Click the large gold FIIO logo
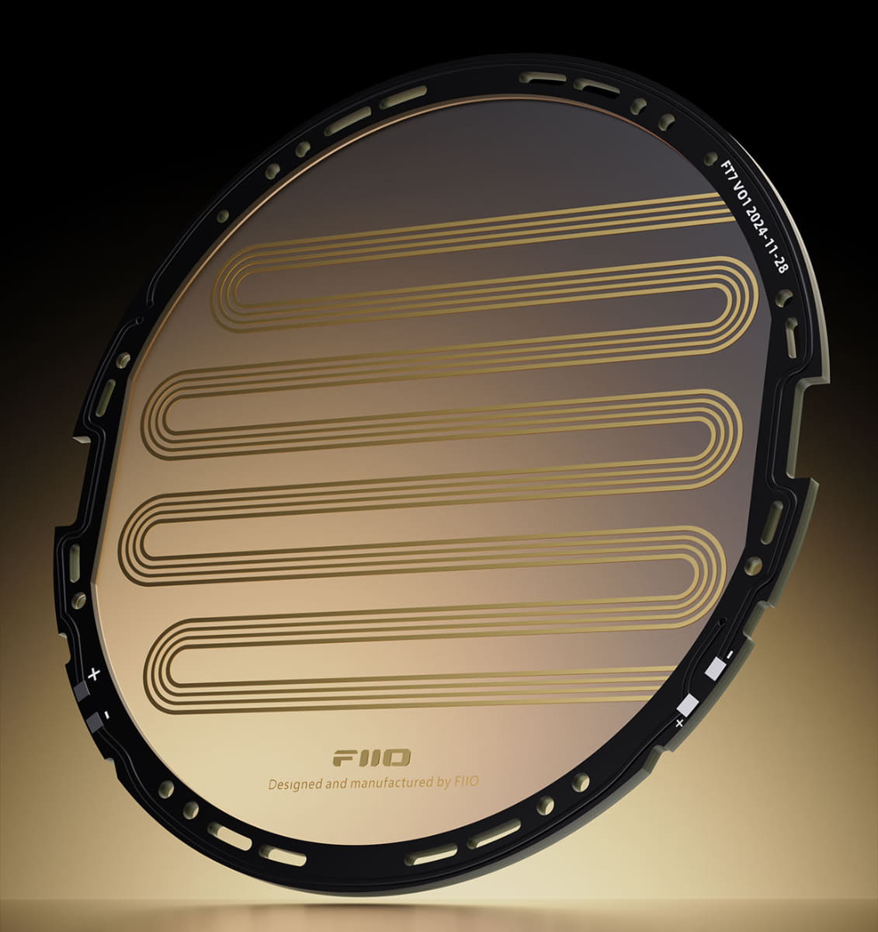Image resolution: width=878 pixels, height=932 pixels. pyautogui.click(x=371, y=758)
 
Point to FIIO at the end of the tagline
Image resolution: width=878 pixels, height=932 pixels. pyautogui.click(x=466, y=781)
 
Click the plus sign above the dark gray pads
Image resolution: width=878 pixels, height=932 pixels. pyautogui.click(x=94, y=674)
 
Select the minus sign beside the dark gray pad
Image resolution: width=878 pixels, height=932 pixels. pyautogui.click(x=107, y=715)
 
